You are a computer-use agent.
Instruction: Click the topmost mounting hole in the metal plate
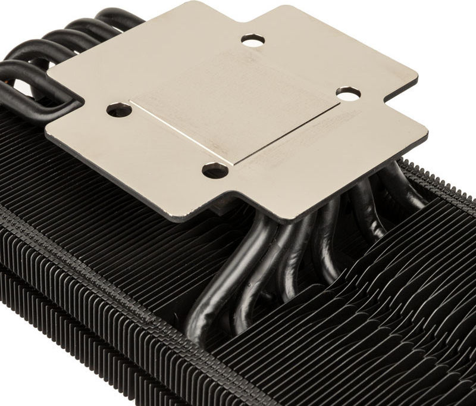coord(253,40)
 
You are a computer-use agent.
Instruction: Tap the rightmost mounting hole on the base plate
coord(348,93)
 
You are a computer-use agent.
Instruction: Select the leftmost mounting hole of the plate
coord(119,110)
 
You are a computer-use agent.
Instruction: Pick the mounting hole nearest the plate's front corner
coord(215,170)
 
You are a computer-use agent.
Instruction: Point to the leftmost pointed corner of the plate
coord(46,133)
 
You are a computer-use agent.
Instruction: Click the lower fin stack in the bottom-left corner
coord(48,333)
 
